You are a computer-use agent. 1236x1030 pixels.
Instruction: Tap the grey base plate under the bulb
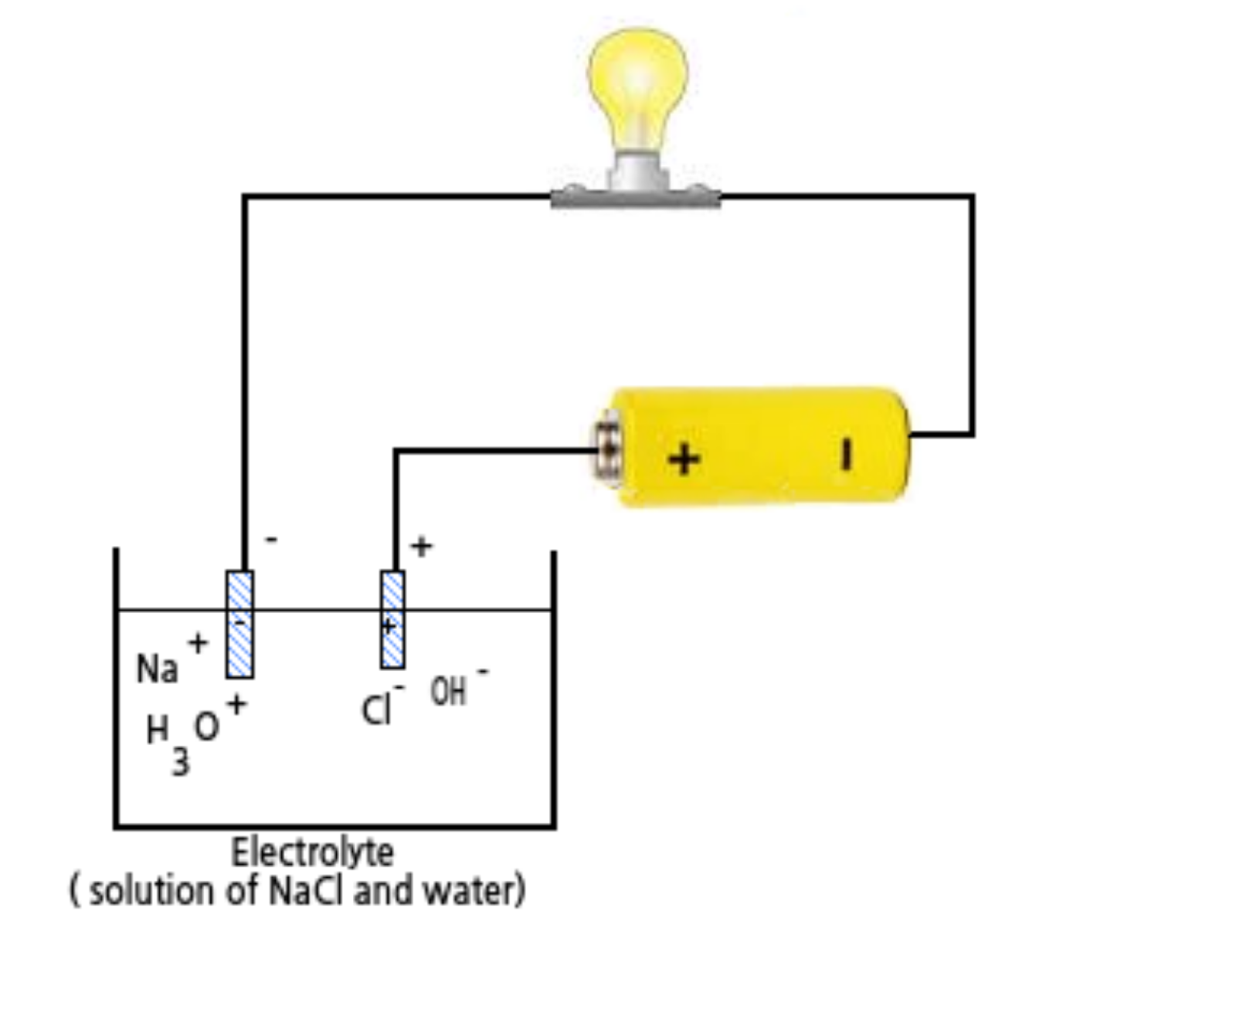coord(635,198)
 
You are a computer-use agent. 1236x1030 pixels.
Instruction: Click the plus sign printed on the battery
coord(684,459)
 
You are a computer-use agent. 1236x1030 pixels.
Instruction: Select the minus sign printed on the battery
coord(847,454)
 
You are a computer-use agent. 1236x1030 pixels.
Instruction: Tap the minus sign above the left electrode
coord(271,539)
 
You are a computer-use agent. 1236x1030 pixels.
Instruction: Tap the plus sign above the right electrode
coord(421,547)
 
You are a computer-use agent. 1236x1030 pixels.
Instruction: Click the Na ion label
coord(157,669)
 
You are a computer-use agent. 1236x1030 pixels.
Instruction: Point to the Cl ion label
coord(376,710)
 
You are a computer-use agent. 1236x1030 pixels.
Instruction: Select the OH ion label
coord(448,692)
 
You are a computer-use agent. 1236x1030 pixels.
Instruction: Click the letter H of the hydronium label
coord(157,729)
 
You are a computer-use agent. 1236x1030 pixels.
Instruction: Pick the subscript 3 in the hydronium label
coord(180,763)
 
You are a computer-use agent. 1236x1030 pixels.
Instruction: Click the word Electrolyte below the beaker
coord(312,852)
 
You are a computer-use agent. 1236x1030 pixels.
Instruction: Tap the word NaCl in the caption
coord(306,891)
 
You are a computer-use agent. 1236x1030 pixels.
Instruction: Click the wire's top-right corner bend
coord(972,197)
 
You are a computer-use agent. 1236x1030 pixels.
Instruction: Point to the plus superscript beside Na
coord(198,642)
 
